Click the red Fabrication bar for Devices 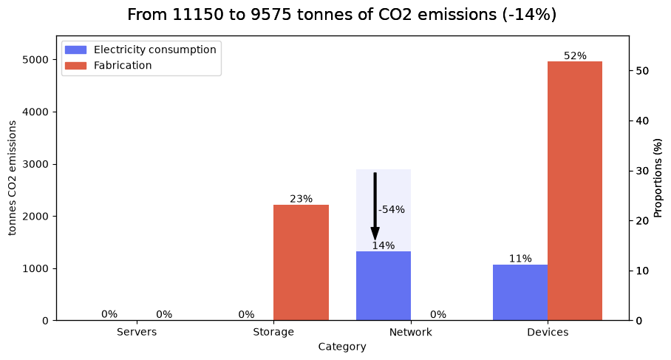coord(575,191)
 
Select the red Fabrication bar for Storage coord(302,262)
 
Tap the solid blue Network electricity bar coord(384,285)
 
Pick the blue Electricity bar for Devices coord(520,293)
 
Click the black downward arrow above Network coord(375,206)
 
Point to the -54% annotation coord(391,210)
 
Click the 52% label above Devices coord(575,55)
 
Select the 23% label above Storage coord(302,199)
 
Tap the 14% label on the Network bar coord(384,245)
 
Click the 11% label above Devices coord(520,259)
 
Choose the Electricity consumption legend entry coord(140,50)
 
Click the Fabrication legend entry coord(109,66)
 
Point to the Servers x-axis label coord(137,332)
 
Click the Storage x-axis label coord(273,332)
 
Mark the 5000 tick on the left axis coord(35,59)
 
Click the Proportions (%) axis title coord(658,177)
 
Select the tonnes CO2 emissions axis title coord(12,178)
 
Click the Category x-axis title coord(342,347)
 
